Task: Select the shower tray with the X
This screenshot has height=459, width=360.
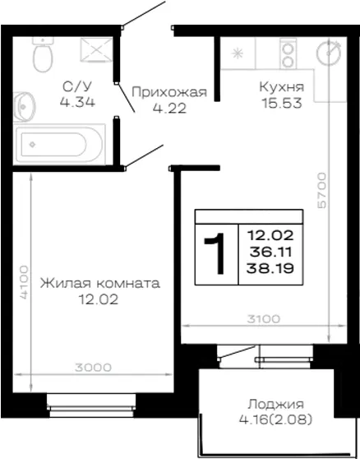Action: [96, 49]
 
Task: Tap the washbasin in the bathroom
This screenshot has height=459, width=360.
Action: [24, 107]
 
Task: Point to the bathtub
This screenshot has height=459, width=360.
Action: [59, 144]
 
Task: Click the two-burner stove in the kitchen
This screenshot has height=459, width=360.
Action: [288, 53]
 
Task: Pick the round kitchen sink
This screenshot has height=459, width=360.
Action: [330, 53]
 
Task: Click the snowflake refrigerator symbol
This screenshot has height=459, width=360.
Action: [238, 53]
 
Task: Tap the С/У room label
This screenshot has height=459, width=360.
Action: [77, 86]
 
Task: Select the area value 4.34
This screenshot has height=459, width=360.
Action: [77, 102]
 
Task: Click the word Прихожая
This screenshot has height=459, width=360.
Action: [169, 93]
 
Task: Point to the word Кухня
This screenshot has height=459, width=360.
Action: [282, 87]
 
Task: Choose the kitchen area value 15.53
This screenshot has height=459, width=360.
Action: [282, 104]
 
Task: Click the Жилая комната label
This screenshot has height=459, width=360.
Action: [100, 284]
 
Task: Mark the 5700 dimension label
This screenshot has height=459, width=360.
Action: [321, 190]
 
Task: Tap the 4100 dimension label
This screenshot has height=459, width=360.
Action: [25, 282]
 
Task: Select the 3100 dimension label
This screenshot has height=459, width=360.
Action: [263, 319]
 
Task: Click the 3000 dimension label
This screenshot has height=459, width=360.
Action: [93, 368]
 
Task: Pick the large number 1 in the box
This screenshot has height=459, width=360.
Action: [215, 254]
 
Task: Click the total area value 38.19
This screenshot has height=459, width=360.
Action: [270, 268]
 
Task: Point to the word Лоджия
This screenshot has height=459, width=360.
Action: [275, 405]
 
